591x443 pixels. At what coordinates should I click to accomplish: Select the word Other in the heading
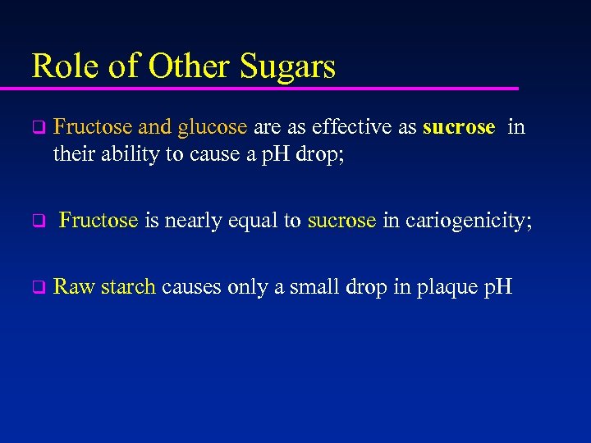[174, 66]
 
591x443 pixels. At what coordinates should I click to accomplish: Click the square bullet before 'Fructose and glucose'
[36, 128]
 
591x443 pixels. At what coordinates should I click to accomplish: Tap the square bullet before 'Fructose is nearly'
[36, 221]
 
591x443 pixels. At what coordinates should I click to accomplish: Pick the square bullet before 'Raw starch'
[36, 287]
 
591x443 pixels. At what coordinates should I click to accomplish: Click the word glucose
[212, 127]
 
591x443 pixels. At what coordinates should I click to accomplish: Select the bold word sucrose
[459, 127]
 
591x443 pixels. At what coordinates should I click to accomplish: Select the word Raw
[73, 287]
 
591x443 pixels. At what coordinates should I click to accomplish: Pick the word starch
[128, 287]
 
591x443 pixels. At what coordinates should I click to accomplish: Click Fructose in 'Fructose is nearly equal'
[98, 221]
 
